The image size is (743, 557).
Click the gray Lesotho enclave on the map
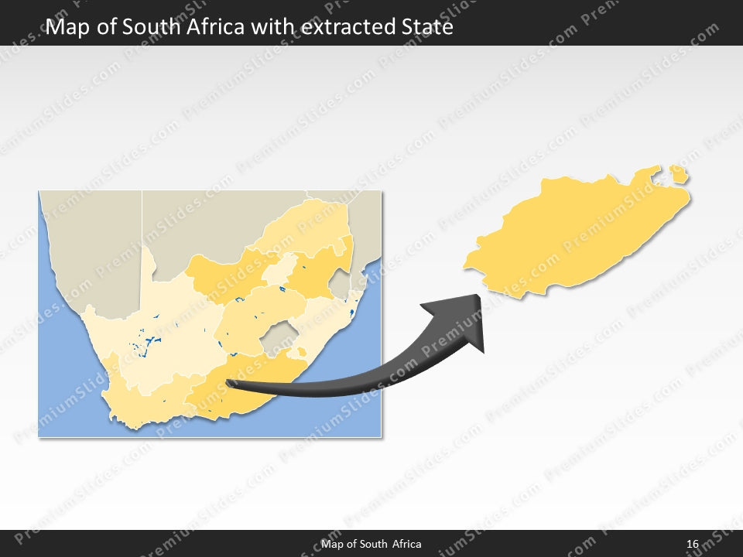276,340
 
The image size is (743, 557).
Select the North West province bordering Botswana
221,275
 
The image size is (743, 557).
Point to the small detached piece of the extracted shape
680,174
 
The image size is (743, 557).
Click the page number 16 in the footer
692,544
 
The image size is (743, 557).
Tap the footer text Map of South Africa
371,544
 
